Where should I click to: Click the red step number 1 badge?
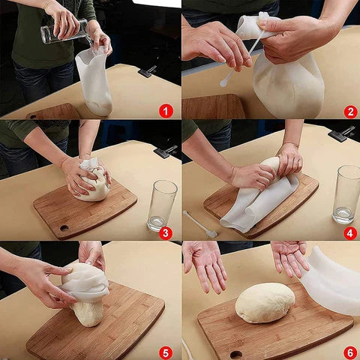(x=166, y=111)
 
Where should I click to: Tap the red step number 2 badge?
(x=350, y=111)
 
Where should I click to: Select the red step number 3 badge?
(x=166, y=232)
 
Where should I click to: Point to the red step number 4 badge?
(x=350, y=232)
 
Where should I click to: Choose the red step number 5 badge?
(x=166, y=352)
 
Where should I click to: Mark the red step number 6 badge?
(x=350, y=352)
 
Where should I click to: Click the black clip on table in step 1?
(x=146, y=71)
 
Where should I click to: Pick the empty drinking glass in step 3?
(x=161, y=205)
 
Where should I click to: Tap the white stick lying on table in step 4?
(x=200, y=223)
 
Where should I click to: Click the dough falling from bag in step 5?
(x=88, y=311)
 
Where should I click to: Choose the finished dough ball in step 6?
(x=265, y=302)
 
